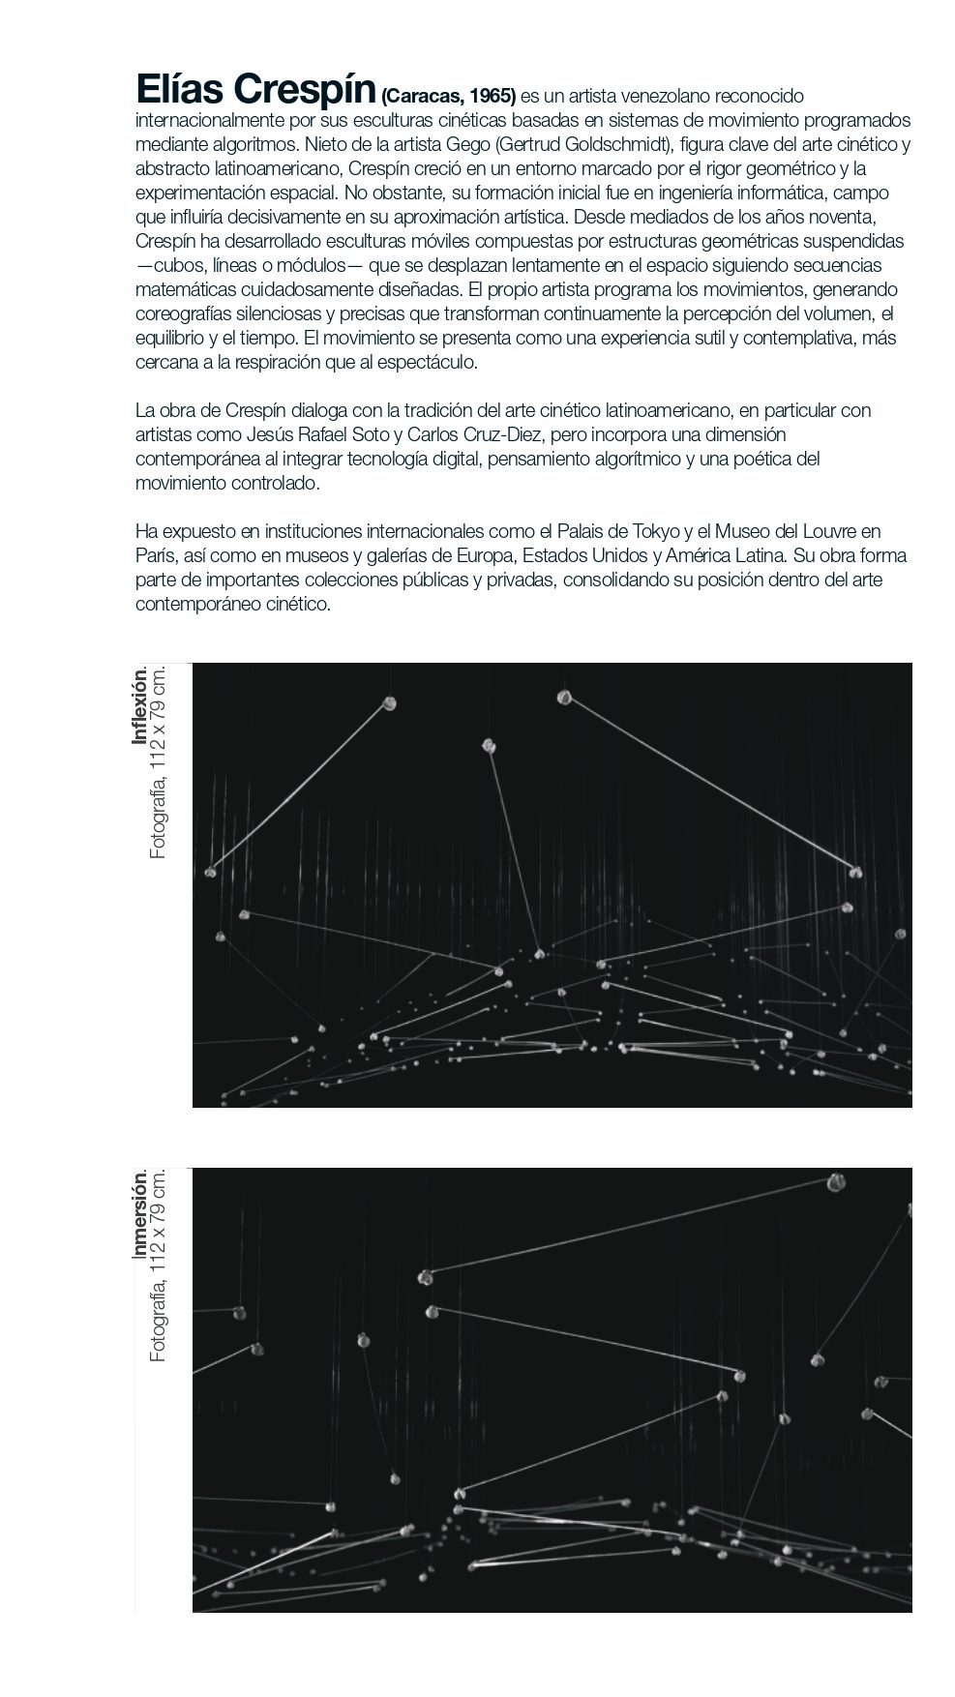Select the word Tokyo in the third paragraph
657,531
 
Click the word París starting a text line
154,555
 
